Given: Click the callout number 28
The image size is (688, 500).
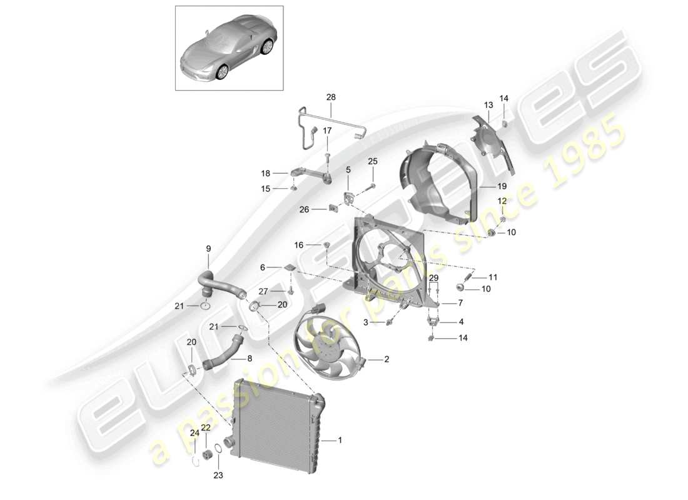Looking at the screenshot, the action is click(x=331, y=97).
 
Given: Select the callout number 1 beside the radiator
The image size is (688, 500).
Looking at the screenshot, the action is click(x=340, y=441).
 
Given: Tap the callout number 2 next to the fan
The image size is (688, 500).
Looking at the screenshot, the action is click(x=387, y=359).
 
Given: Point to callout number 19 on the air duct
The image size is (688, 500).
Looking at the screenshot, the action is click(x=502, y=186).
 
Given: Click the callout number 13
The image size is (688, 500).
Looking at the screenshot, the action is click(x=488, y=104).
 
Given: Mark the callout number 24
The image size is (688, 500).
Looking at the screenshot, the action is click(x=195, y=432).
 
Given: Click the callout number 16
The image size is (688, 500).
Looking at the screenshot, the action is click(x=298, y=244).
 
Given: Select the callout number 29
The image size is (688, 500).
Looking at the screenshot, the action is click(x=434, y=277).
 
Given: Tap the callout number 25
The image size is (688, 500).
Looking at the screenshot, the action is click(x=373, y=161).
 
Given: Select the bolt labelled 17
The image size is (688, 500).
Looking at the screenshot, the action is click(x=327, y=152).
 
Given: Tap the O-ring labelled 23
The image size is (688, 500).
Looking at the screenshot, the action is click(x=218, y=448).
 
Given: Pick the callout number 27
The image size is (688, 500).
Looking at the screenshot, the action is click(x=263, y=291).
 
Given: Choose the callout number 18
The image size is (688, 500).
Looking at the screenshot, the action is click(x=265, y=172).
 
